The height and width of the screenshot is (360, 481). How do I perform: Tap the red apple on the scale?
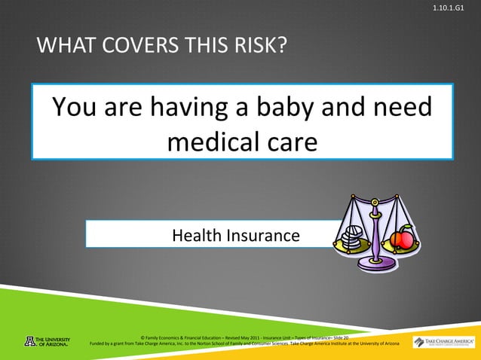402,239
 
